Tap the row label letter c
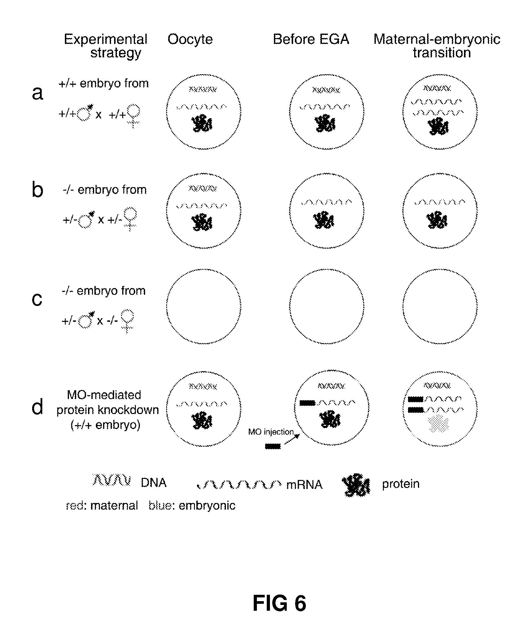click(x=37, y=299)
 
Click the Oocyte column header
click(x=190, y=39)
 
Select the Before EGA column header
click(x=311, y=39)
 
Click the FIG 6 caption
click(x=279, y=603)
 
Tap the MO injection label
click(x=271, y=432)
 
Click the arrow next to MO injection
click(x=292, y=439)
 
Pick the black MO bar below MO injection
click(x=273, y=446)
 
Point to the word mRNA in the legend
click(x=304, y=485)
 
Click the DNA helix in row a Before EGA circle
click(x=326, y=90)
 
